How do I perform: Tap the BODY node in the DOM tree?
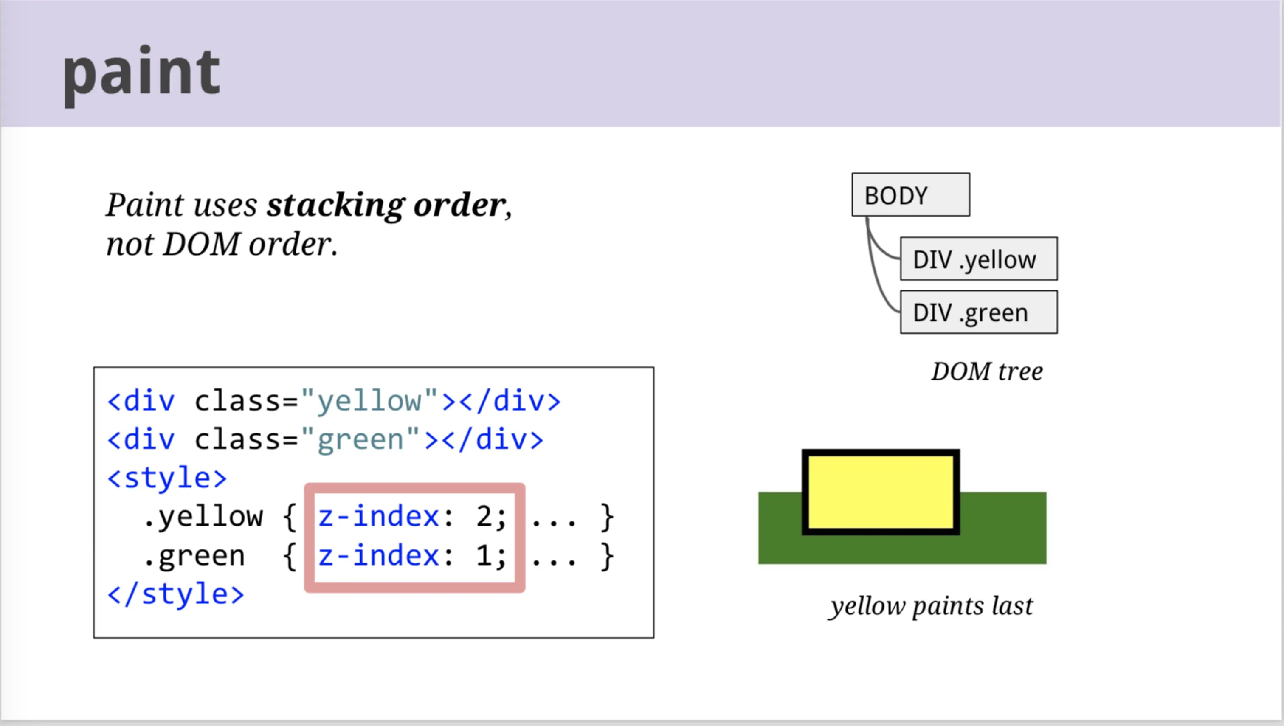910,194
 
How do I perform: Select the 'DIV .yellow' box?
978,259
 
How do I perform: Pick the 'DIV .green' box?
978,312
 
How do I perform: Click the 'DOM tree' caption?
987,371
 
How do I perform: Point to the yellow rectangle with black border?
881,492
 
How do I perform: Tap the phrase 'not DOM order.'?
222,244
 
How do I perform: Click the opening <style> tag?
167,478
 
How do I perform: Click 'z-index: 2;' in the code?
412,516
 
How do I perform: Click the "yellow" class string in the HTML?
369,400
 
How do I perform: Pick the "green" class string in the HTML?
360,439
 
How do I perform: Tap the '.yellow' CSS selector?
203,517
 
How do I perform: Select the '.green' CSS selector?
194,556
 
